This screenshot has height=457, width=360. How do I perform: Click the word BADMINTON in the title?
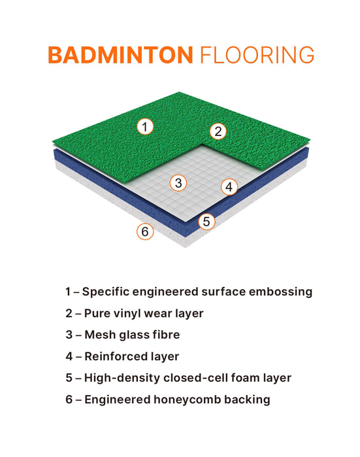120,55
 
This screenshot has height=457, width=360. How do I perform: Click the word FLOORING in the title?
255,55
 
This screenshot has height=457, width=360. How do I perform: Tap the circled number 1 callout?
145,126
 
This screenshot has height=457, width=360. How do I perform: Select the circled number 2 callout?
219,131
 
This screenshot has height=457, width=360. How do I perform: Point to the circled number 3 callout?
178,183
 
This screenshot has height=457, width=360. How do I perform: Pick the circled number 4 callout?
228,187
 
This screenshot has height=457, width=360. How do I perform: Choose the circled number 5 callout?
206,222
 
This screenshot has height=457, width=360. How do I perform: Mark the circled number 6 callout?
145,231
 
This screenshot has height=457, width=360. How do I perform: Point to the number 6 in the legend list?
69,399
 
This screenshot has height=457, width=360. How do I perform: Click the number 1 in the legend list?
67,292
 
